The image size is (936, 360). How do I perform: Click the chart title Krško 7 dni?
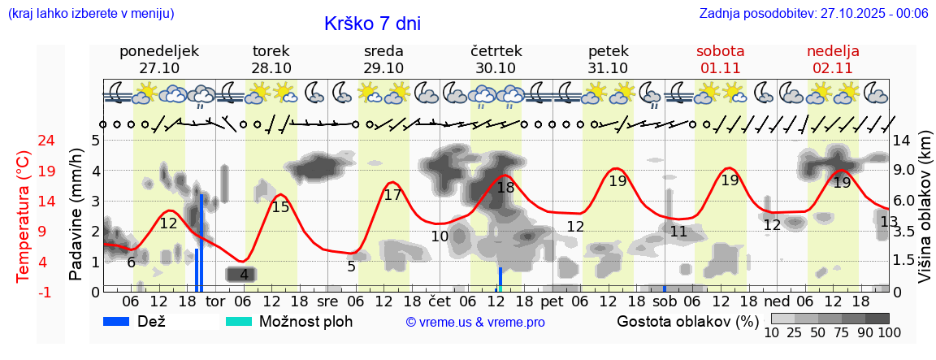(372, 24)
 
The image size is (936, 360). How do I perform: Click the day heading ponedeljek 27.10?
(159, 59)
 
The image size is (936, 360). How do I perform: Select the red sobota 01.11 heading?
(720, 59)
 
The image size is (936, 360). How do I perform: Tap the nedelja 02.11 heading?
(833, 59)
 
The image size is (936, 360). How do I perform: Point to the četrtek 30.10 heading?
(496, 59)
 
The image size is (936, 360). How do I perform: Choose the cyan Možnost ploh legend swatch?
(240, 321)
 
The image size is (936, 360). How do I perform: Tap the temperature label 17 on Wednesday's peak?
(392, 195)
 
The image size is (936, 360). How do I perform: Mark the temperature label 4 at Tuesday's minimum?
(244, 275)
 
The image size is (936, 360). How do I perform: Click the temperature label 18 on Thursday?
(505, 188)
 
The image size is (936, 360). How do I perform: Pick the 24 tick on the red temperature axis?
(24, 141)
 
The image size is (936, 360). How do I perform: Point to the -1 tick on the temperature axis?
(24, 292)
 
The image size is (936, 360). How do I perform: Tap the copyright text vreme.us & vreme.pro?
(475, 322)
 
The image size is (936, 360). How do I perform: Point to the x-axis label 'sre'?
(327, 301)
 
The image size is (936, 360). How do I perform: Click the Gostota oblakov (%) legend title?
(687, 321)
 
